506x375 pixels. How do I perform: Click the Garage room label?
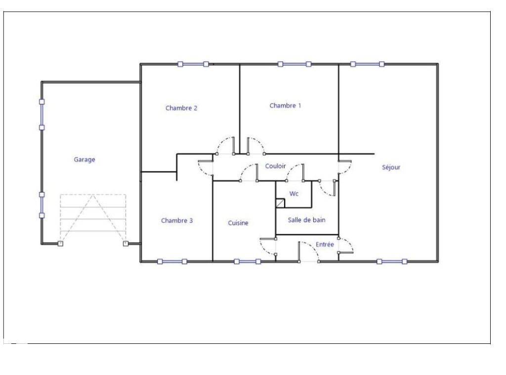(x=84, y=160)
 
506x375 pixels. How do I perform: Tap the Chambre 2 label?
(x=181, y=108)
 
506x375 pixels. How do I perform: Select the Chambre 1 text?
(x=285, y=105)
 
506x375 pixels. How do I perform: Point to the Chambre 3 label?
(x=177, y=220)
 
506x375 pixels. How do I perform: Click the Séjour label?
(x=391, y=167)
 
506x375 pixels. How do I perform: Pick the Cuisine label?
(x=238, y=223)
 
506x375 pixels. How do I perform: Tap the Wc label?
(x=294, y=194)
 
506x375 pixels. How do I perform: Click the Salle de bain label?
(x=306, y=220)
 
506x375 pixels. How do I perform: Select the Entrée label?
(x=325, y=244)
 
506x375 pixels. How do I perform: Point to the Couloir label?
(x=276, y=166)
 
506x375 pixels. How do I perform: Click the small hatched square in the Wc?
(x=280, y=203)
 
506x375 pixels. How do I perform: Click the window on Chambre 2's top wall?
(x=193, y=64)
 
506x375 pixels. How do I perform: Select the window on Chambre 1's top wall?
(x=295, y=64)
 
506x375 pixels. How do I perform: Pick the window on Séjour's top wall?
(x=367, y=64)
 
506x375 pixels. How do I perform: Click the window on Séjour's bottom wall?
(x=392, y=261)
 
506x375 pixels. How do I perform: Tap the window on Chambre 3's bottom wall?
(x=172, y=261)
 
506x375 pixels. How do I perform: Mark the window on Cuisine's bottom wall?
(x=248, y=261)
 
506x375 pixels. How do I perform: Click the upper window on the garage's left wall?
(x=42, y=115)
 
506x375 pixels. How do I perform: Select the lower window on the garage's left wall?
(x=42, y=205)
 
